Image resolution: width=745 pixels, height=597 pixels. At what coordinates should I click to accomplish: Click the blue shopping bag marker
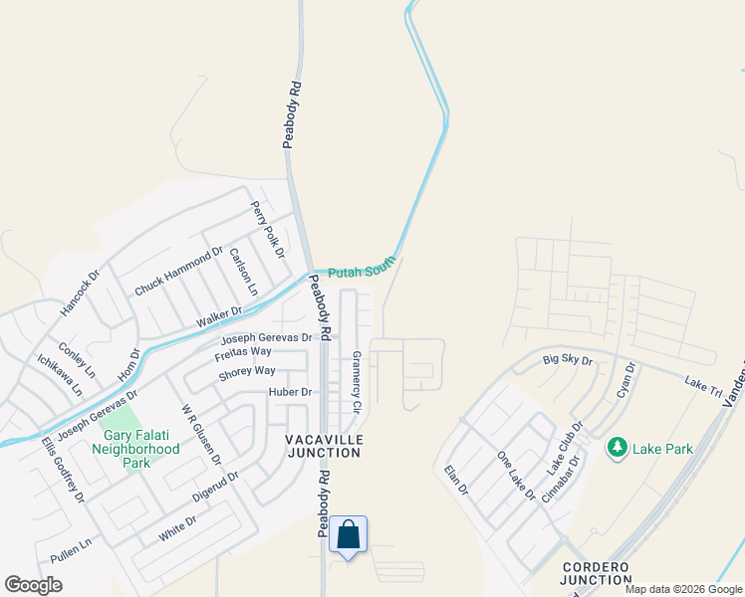click(x=348, y=534)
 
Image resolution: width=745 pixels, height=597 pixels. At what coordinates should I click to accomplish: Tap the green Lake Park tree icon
click(x=618, y=449)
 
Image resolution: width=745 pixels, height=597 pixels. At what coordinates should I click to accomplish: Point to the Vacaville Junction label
click(x=323, y=446)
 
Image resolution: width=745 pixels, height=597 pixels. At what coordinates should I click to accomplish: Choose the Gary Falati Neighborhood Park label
click(x=140, y=449)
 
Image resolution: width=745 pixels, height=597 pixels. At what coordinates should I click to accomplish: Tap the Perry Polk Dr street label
click(x=267, y=227)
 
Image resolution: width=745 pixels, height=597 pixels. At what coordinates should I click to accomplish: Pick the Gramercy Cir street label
click(x=357, y=383)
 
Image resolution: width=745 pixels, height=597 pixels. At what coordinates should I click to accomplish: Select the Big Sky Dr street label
click(x=568, y=359)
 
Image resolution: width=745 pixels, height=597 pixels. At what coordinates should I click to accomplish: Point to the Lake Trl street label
click(x=703, y=384)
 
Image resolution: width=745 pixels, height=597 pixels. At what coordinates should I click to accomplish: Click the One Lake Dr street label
click(x=517, y=476)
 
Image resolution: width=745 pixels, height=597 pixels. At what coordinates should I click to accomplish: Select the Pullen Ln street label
click(x=71, y=549)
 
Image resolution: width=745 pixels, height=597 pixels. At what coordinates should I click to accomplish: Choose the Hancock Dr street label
click(x=81, y=293)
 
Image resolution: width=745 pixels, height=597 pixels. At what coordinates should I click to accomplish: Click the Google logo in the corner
click(x=34, y=585)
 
